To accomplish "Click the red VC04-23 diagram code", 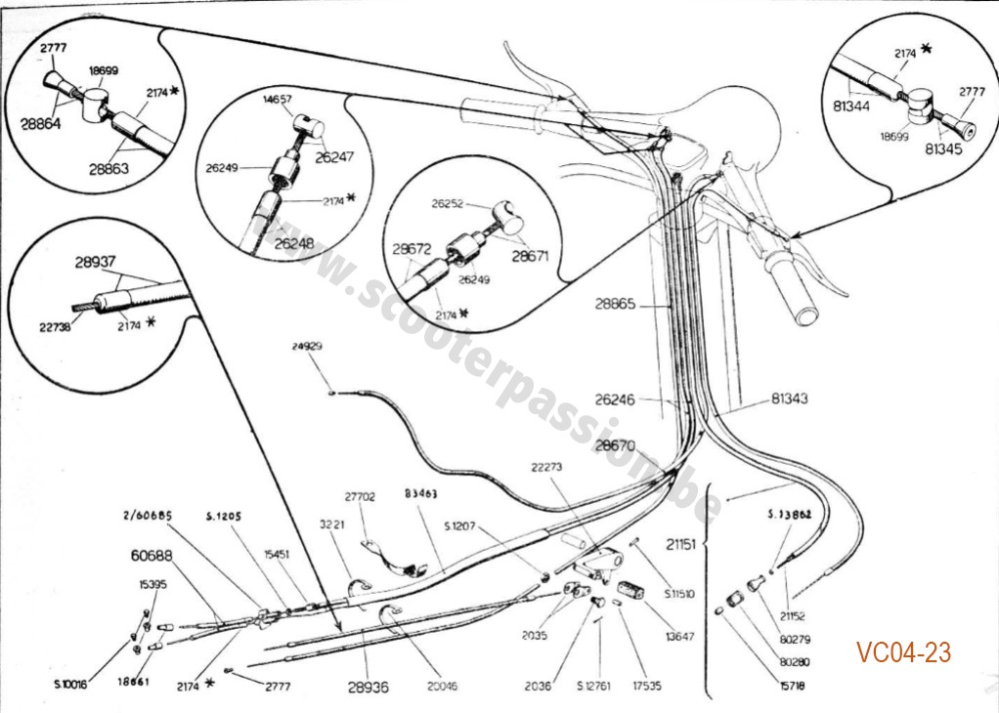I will pyautogui.click(x=903, y=652).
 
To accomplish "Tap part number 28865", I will pyautogui.click(x=616, y=304).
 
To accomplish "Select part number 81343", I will pyautogui.click(x=789, y=398).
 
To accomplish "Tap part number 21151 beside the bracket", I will pyautogui.click(x=680, y=542).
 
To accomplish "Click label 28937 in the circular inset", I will pyautogui.click(x=97, y=263).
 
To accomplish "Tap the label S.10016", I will pyautogui.click(x=70, y=684).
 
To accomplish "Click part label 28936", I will pyautogui.click(x=368, y=687).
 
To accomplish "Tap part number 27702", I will pyautogui.click(x=360, y=496).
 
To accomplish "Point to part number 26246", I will pyautogui.click(x=615, y=398).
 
